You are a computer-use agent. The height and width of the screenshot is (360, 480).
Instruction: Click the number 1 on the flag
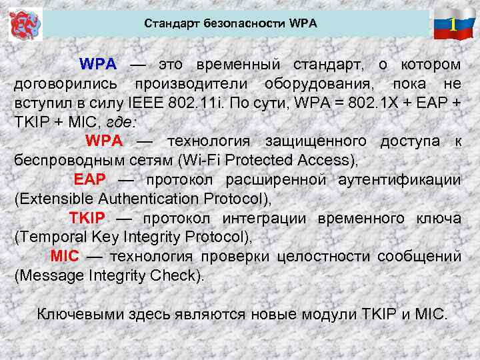click(453, 25)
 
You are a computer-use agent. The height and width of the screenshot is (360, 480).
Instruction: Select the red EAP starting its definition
click(85, 180)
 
